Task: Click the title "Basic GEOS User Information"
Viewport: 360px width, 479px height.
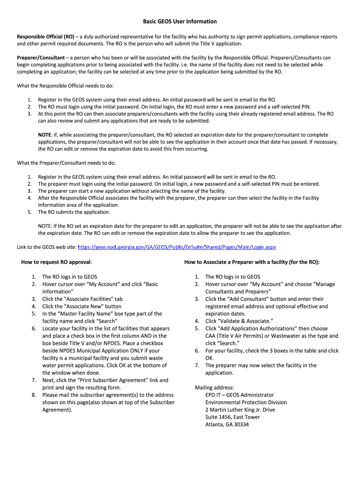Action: point(180,22)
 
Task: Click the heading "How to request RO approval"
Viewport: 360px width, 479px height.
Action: point(56,262)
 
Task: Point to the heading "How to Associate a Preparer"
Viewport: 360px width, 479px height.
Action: point(252,262)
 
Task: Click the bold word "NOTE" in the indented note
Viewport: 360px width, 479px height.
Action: point(44,135)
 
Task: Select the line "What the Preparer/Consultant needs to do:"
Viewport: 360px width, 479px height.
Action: point(66,163)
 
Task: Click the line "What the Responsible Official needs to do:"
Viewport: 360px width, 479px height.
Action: point(65,86)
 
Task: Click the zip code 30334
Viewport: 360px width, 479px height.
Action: point(241,425)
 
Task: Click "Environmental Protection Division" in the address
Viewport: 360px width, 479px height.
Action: point(246,402)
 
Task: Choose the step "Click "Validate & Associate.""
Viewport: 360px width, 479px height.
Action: point(232,321)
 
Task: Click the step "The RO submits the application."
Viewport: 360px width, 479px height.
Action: point(74,212)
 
